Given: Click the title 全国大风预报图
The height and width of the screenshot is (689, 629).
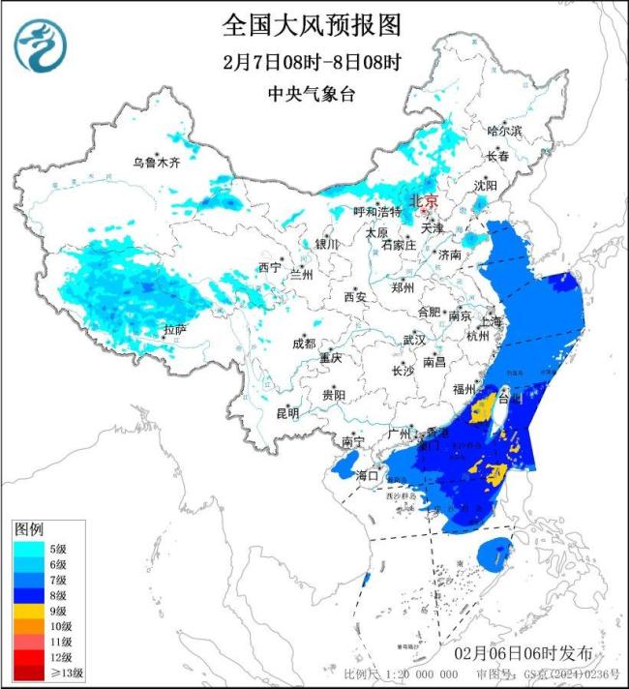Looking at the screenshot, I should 311,23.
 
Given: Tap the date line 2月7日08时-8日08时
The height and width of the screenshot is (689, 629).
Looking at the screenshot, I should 311,61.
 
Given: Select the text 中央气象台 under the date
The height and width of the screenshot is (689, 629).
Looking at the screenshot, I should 311,94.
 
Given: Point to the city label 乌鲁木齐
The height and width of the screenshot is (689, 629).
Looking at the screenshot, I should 157,163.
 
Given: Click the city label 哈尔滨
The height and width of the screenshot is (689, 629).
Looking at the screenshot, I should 503,130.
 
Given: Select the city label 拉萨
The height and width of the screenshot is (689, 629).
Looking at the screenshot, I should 175,331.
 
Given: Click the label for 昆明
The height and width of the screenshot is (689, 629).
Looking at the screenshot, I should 287,413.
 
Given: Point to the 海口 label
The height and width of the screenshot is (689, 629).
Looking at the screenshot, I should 368,476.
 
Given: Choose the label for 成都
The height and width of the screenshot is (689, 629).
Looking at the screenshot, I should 303,344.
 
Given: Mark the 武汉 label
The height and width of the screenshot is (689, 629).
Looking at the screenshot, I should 414,340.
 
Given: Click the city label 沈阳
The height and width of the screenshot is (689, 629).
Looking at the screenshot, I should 486,185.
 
